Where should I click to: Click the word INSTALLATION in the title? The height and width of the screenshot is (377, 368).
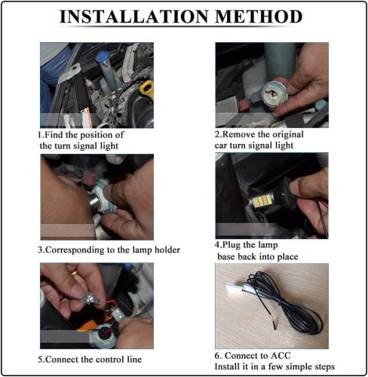pos(134,17)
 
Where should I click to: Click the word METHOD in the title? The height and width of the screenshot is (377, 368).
pos(259,17)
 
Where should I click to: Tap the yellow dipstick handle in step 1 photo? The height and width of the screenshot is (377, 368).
pos(146,90)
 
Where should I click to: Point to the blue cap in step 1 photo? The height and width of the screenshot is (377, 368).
pos(101,57)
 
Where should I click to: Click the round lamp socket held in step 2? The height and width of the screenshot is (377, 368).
pos(274,95)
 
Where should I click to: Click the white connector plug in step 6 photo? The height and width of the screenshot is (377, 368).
pos(235,287)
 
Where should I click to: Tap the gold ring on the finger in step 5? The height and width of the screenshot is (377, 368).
pos(75,273)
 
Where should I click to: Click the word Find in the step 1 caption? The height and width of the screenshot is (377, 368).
pos(54,135)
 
